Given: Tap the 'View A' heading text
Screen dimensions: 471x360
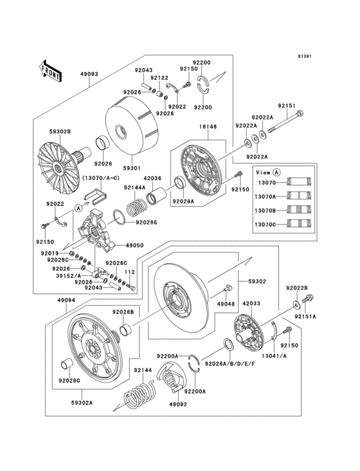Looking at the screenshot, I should coord(267,172).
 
